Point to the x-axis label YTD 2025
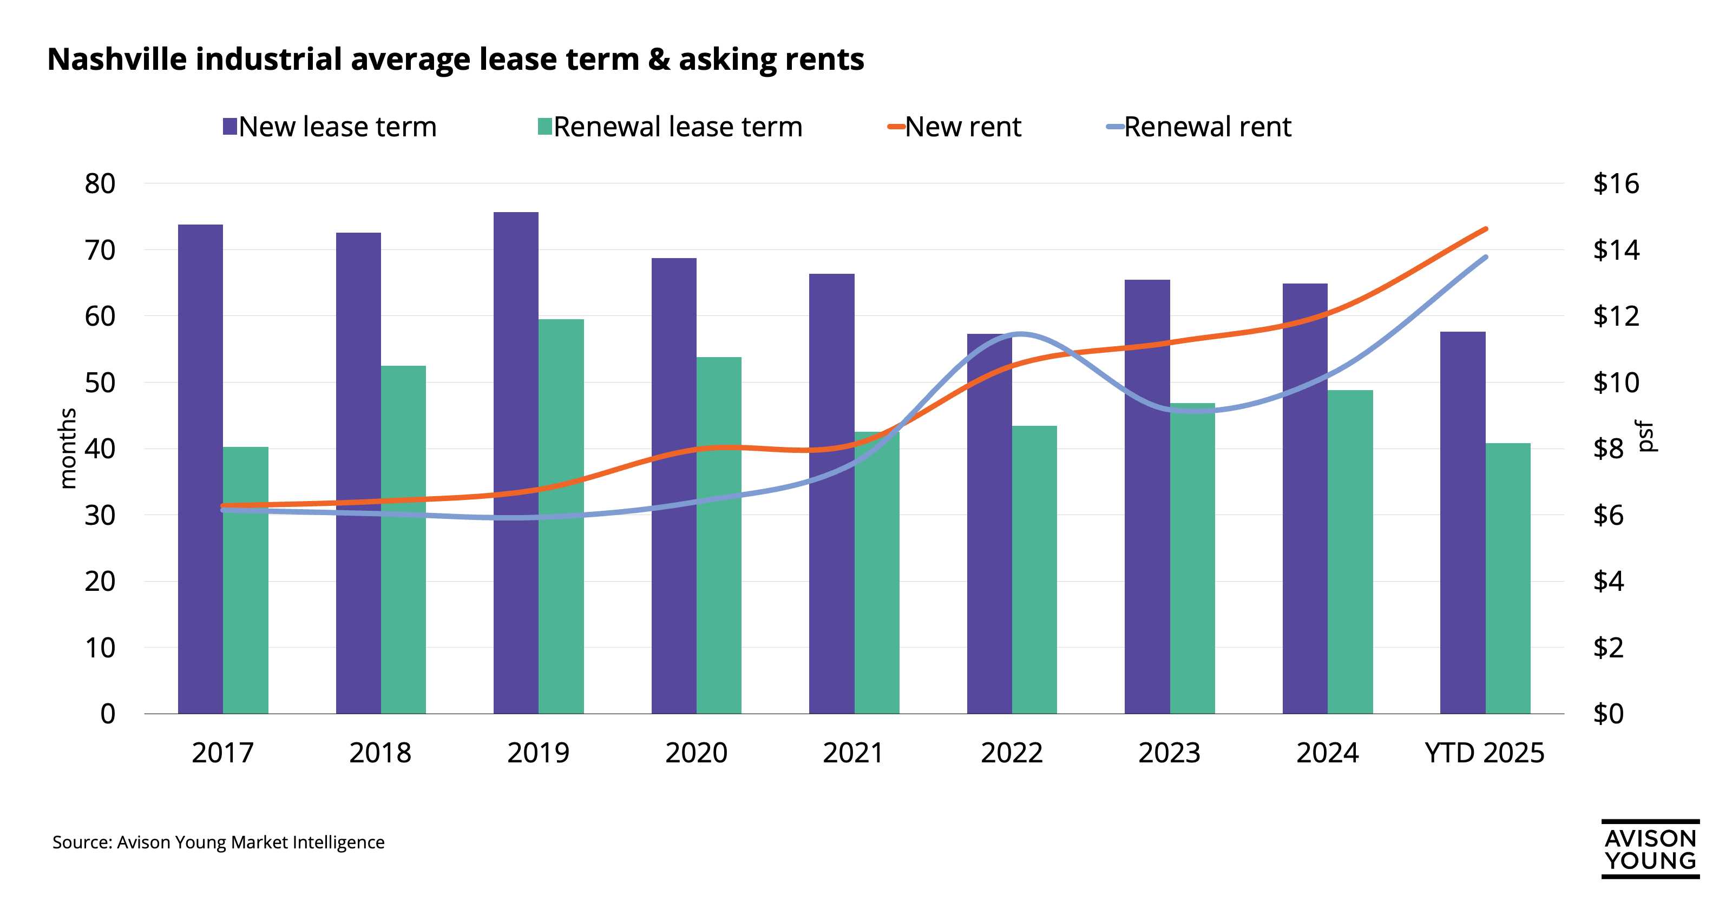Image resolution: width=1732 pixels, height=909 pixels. [x=1484, y=752]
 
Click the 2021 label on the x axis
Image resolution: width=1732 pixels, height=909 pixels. [x=853, y=752]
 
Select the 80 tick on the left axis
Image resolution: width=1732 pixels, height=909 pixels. [x=100, y=183]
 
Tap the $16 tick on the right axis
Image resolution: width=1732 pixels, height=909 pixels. [x=1616, y=183]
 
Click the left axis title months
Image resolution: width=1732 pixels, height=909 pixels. [x=67, y=448]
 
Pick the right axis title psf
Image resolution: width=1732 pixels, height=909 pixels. [x=1646, y=436]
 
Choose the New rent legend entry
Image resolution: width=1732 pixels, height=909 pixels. [x=962, y=127]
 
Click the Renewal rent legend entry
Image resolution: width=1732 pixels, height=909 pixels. [x=1207, y=127]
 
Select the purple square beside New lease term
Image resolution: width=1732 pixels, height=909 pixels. [x=230, y=127]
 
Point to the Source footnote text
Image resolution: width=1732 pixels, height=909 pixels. [x=219, y=842]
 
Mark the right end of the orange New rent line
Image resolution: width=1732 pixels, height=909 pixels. [x=1485, y=229]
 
